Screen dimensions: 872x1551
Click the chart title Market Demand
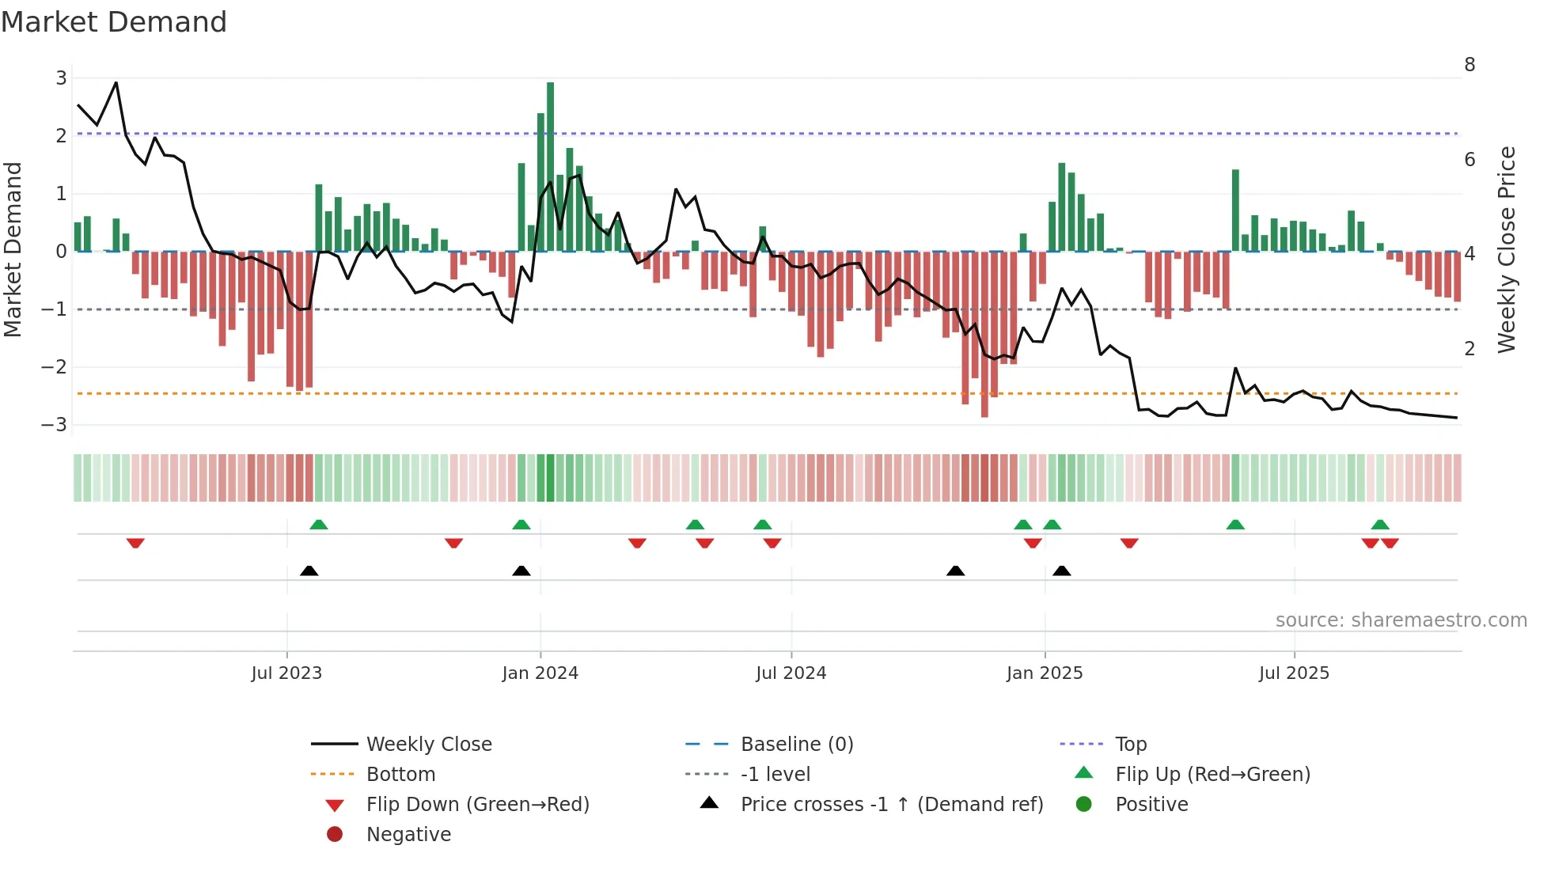114,22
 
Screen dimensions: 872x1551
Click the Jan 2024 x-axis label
540,673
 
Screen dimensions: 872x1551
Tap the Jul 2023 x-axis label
286,673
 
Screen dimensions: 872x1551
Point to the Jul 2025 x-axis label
1294,673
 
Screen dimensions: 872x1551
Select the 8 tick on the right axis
1469,65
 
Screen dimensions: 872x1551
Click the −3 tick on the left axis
55,425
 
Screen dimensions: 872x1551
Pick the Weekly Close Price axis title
1507,249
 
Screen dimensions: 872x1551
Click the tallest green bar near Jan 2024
550,166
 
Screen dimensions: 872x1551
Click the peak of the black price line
116,82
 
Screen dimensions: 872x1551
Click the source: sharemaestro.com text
1401,620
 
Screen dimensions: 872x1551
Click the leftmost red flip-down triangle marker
135,543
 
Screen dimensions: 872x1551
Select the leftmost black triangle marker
309,571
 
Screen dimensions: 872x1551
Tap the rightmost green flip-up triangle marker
1380,525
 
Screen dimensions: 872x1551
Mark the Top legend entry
1130,745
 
